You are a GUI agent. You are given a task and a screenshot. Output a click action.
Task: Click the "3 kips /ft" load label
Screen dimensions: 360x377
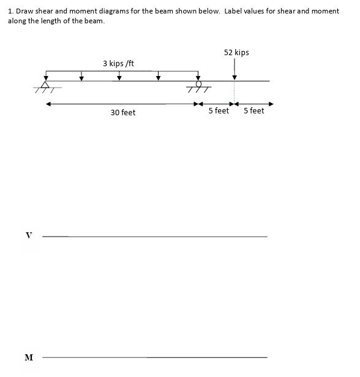point(118,63)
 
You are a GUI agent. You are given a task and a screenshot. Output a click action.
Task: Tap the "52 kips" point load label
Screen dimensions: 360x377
point(236,53)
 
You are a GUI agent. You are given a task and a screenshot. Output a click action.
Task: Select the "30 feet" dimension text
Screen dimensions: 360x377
point(123,113)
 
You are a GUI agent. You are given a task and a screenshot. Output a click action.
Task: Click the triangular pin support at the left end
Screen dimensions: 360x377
point(45,85)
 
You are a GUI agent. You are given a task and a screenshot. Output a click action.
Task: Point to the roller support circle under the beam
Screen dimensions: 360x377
point(198,85)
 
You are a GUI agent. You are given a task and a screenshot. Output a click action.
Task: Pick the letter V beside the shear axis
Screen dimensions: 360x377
point(28,235)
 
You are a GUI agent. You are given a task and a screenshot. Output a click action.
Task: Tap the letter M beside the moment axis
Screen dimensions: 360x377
point(28,357)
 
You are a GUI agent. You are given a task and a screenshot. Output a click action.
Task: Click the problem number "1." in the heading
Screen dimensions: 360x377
point(10,12)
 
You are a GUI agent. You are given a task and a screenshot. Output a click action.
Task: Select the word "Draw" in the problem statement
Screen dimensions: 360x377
point(24,12)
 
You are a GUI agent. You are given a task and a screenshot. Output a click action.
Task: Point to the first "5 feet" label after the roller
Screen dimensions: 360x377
point(219,111)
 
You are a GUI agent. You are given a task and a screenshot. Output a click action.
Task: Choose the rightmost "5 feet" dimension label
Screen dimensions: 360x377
point(253,111)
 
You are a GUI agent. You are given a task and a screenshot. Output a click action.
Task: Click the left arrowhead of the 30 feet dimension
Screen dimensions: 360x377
point(48,104)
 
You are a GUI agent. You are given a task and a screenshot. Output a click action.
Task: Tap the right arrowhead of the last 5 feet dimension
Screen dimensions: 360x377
point(271,104)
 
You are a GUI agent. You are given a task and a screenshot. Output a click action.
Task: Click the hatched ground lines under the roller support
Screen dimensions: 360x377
point(198,91)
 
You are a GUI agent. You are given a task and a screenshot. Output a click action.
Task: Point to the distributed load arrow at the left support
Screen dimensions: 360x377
point(45,75)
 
